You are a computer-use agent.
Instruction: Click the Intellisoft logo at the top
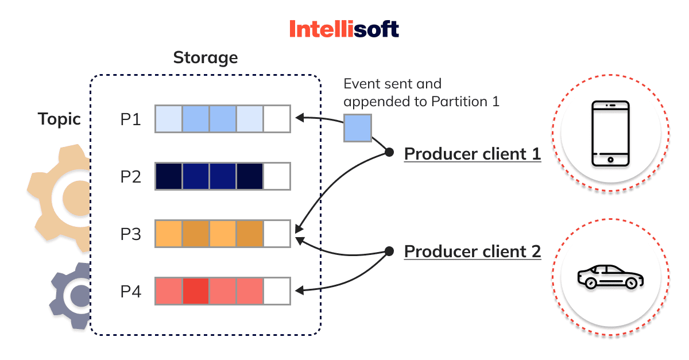[x=344, y=29]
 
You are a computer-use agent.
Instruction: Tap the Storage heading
[x=205, y=57]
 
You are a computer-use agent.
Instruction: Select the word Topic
[x=59, y=119]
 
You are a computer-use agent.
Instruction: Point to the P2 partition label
[x=130, y=176]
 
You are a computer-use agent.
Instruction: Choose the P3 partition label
[x=130, y=234]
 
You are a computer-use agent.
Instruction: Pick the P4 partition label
[x=130, y=292]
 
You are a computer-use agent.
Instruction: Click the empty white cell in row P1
[x=277, y=119]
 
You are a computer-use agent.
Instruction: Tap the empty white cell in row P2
[x=277, y=176]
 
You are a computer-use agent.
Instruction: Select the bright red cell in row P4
[x=196, y=291]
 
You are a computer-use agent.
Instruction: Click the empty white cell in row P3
[x=277, y=234]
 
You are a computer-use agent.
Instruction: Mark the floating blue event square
[x=358, y=128]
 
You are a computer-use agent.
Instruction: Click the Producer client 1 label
[x=473, y=154]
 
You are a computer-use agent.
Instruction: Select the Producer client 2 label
[x=473, y=251]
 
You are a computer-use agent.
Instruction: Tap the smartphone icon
[x=610, y=133]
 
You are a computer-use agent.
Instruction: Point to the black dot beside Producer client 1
[x=389, y=153]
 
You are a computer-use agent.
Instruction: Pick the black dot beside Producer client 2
[x=389, y=251]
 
